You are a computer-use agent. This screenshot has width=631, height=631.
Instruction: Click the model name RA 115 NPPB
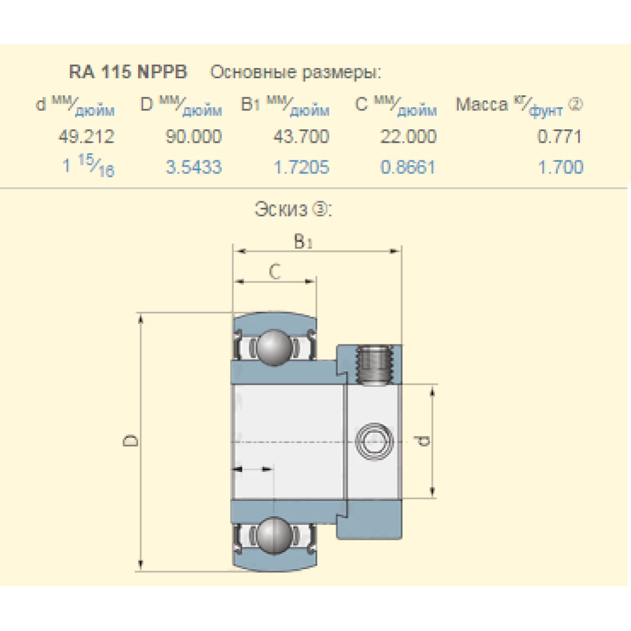pos(128,72)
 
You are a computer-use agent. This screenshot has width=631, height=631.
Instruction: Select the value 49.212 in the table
pos(86,136)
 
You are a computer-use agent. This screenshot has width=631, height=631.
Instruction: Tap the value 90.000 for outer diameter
pos(194,136)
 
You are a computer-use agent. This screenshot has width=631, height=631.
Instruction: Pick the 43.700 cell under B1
pos(301,136)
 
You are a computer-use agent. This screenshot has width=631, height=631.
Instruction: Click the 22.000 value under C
pos(408,136)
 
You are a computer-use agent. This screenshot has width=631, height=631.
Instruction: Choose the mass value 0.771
pos(560,136)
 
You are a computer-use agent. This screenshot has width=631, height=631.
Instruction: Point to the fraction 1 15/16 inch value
pos(88,165)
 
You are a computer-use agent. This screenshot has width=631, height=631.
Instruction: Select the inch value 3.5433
pos(194,167)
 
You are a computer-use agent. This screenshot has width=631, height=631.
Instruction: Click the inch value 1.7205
pos(301,167)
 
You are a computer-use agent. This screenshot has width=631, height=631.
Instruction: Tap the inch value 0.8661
pos(408,167)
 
